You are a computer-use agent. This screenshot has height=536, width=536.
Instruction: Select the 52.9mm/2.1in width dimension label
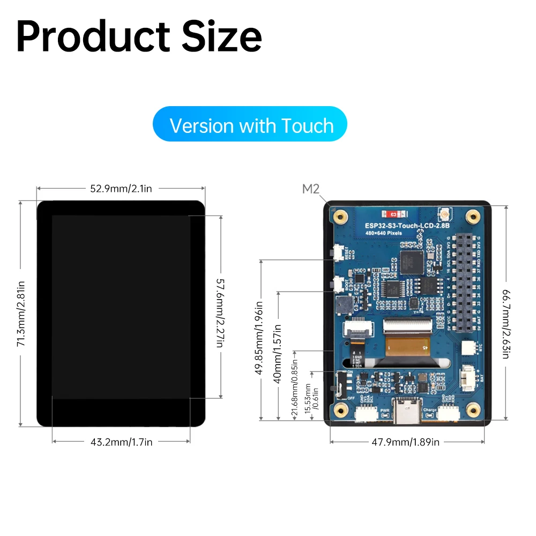click(121, 188)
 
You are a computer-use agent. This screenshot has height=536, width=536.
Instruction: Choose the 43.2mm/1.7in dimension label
click(121, 442)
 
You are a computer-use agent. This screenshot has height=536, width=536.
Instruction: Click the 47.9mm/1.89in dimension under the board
click(406, 442)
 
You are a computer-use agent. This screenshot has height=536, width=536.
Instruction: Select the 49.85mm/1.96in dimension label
click(259, 340)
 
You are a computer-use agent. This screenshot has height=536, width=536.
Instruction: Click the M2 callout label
click(311, 189)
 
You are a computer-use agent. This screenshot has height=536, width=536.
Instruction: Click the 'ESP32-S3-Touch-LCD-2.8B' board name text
click(406, 226)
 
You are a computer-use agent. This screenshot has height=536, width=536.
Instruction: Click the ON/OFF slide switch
click(337, 385)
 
